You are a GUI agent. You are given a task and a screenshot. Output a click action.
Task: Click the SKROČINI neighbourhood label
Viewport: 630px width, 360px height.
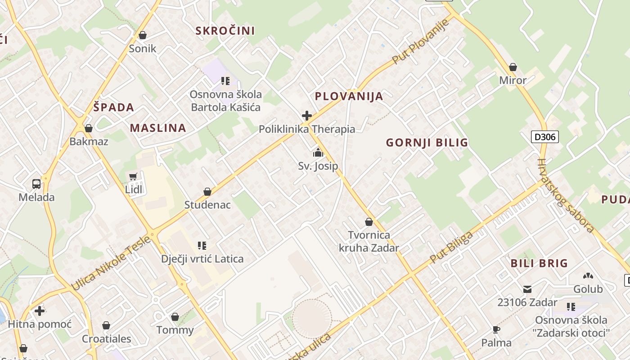[x=225, y=31]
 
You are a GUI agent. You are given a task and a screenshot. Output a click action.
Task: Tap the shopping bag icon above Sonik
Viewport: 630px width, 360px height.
[x=143, y=35]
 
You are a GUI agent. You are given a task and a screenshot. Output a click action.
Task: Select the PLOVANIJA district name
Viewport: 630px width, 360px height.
[x=349, y=96]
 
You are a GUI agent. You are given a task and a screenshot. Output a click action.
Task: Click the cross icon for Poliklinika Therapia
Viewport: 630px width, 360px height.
[x=307, y=116]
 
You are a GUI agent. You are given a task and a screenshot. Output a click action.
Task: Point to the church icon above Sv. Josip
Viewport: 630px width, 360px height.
[x=318, y=153]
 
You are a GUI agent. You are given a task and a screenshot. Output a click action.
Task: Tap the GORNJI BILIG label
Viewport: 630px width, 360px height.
[x=427, y=143]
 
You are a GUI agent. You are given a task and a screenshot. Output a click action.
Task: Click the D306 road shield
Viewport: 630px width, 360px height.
[x=544, y=137]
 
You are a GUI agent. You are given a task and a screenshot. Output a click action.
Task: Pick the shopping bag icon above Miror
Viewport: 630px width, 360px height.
[x=513, y=67]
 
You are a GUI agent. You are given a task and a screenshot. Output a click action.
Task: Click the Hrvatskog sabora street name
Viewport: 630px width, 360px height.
[x=566, y=195]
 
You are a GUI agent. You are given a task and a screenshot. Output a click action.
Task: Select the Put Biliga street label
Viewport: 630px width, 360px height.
[x=451, y=247]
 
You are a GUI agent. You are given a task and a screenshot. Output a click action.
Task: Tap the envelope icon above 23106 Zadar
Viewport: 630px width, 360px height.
[x=527, y=289]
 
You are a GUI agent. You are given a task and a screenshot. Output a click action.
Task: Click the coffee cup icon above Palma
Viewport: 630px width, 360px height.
[x=496, y=329]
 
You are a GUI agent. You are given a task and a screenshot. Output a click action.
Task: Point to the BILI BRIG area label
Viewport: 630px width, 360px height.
[x=539, y=263]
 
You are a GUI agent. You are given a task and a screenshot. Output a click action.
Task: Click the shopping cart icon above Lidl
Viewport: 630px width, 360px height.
[x=133, y=176]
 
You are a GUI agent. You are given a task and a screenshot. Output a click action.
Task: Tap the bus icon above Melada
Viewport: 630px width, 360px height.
[x=36, y=184]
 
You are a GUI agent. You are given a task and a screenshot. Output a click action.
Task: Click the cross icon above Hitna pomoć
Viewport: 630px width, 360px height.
[x=40, y=310]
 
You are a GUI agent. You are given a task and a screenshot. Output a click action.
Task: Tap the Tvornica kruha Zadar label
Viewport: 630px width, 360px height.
[x=369, y=241]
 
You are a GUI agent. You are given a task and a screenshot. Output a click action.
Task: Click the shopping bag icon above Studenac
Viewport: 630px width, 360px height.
[x=207, y=192]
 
